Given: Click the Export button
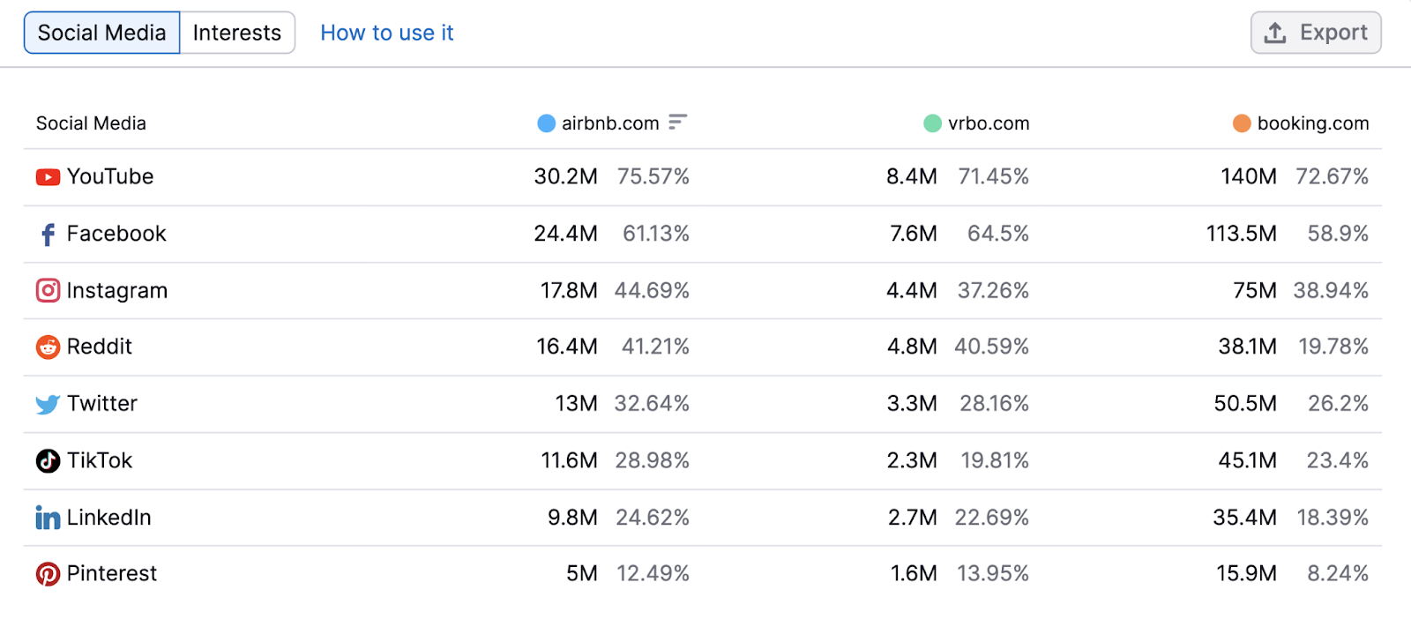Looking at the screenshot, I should point(1316,33).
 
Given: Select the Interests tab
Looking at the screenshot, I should point(236,33).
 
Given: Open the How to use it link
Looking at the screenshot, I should point(386,33).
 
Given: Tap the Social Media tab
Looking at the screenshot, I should point(101,33).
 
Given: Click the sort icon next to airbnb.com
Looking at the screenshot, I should point(677,122).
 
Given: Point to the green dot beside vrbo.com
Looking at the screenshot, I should point(932,123).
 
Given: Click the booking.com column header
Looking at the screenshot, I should point(1312,123).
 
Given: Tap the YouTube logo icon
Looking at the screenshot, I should point(48,177).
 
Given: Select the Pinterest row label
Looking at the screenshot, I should point(111,574).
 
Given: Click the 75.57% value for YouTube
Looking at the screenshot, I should point(653,176).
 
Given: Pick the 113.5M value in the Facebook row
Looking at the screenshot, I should point(1241,234).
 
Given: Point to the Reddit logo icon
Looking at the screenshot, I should point(48,347).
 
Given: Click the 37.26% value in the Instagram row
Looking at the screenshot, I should point(993,290).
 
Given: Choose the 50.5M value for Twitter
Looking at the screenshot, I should point(1244,404).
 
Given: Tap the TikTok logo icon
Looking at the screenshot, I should point(48,461).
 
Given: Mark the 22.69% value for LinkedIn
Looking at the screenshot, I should point(991,518).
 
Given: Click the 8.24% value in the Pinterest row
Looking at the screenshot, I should point(1337,574).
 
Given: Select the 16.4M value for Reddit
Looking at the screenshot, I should point(566,347).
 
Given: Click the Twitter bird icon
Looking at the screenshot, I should point(48,405).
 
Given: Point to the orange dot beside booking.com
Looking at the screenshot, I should point(1242,123).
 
